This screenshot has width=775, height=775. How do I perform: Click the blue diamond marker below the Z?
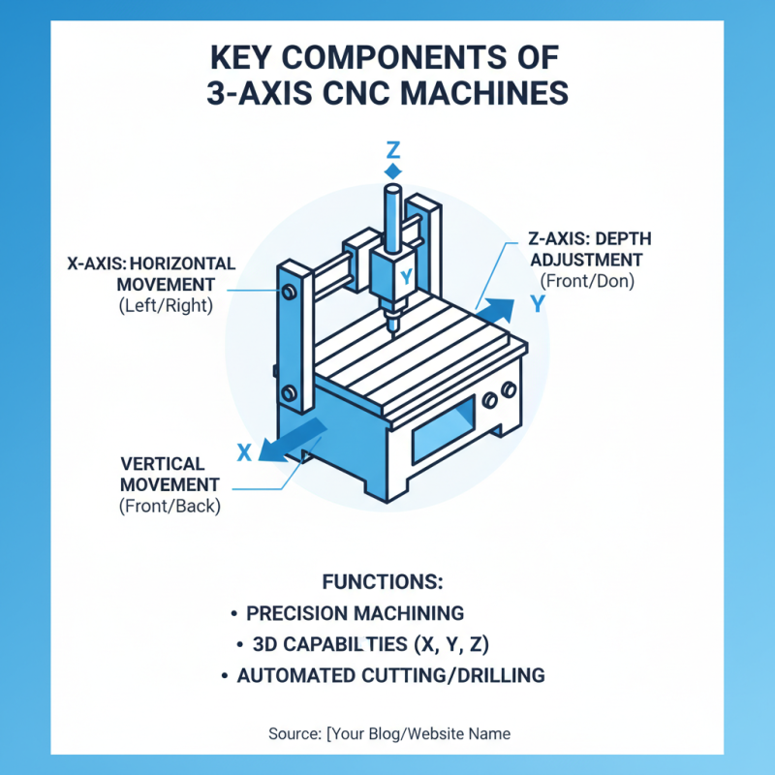point(392,170)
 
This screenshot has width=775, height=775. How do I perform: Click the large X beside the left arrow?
point(245,450)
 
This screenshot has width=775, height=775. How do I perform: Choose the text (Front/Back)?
point(170,505)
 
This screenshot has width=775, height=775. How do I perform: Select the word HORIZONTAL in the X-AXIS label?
point(181,263)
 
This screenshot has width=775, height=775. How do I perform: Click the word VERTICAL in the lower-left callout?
point(163,464)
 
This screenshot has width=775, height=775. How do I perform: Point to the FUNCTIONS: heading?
point(382,582)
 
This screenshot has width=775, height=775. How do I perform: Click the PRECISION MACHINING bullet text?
point(356,613)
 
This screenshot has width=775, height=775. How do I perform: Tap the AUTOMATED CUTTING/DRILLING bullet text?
point(390,675)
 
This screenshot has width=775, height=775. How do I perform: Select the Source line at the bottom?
point(389,733)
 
